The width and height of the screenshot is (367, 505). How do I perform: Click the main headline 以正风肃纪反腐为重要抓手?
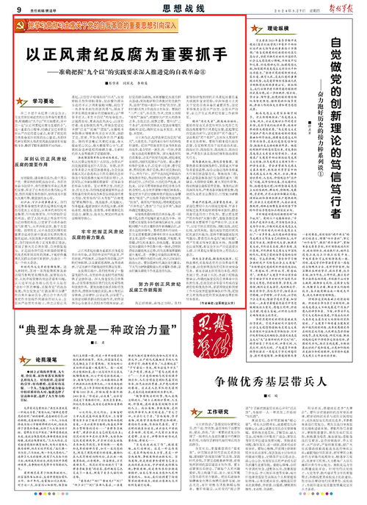point(126,57)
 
